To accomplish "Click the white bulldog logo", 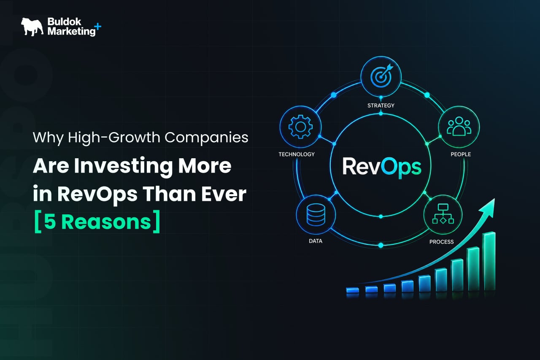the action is (32, 27).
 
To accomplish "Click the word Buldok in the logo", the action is (65, 22).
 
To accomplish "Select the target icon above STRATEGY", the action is (381, 76).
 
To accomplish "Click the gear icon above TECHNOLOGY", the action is (300, 127).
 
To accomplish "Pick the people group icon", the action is (459, 126).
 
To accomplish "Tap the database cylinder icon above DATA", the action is (316, 214).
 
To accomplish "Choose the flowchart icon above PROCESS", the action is (443, 214).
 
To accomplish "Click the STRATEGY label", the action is (381, 106).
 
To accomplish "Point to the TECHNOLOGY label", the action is (297, 154).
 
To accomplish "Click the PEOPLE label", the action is (461, 154).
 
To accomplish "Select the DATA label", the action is (316, 241).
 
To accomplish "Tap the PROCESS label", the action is (441, 242).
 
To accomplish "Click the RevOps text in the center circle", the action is (382, 167).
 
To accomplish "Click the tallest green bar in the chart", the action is (489, 261).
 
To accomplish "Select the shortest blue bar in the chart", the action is (352, 290).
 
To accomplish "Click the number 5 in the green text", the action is (50, 222).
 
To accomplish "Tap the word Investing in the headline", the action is (124, 166).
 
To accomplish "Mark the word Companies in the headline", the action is (206, 138).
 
